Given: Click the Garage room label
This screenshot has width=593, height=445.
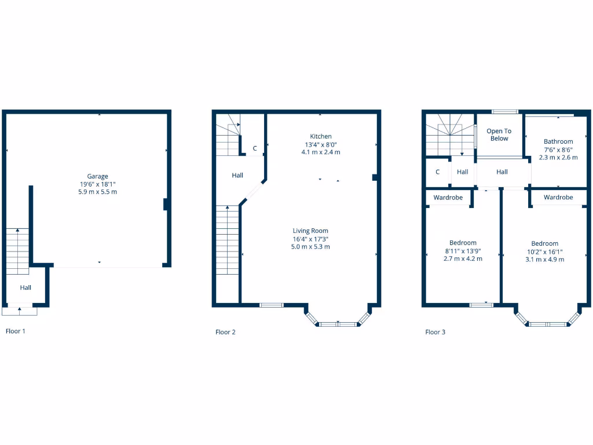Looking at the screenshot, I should click(x=97, y=176).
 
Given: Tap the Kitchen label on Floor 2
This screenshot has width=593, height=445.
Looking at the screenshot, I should click(x=321, y=136).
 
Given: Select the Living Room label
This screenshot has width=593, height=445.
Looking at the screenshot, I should click(x=310, y=231).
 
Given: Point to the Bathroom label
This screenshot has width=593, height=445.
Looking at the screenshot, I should click(x=558, y=141).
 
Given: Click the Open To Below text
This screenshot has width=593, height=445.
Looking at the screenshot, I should click(x=499, y=135).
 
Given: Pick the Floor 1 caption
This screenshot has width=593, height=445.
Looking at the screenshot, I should click(x=16, y=331).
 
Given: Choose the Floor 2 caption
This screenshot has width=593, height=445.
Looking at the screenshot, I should click(x=225, y=332).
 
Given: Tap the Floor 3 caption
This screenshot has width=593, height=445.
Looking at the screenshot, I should click(x=435, y=332).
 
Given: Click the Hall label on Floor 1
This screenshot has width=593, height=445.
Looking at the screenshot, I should click(x=25, y=287).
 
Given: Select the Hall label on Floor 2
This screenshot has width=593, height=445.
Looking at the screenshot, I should click(x=237, y=175).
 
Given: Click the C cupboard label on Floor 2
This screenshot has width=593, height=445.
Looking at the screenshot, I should click(x=255, y=148).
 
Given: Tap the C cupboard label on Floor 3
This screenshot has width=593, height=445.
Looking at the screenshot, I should click(x=438, y=172).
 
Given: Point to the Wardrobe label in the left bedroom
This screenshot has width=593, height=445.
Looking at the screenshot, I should click(x=448, y=198).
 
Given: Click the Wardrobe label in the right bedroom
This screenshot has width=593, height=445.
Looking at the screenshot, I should click(x=558, y=198).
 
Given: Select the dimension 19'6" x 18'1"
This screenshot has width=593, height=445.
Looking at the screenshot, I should click(x=97, y=184).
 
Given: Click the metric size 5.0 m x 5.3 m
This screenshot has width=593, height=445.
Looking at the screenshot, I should click(x=310, y=247).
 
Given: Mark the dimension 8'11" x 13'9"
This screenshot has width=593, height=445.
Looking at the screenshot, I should click(x=463, y=251).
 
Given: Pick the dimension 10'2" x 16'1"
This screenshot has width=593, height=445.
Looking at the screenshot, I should click(x=545, y=251).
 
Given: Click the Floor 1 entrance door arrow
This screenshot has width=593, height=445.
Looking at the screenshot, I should click(x=20, y=309).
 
